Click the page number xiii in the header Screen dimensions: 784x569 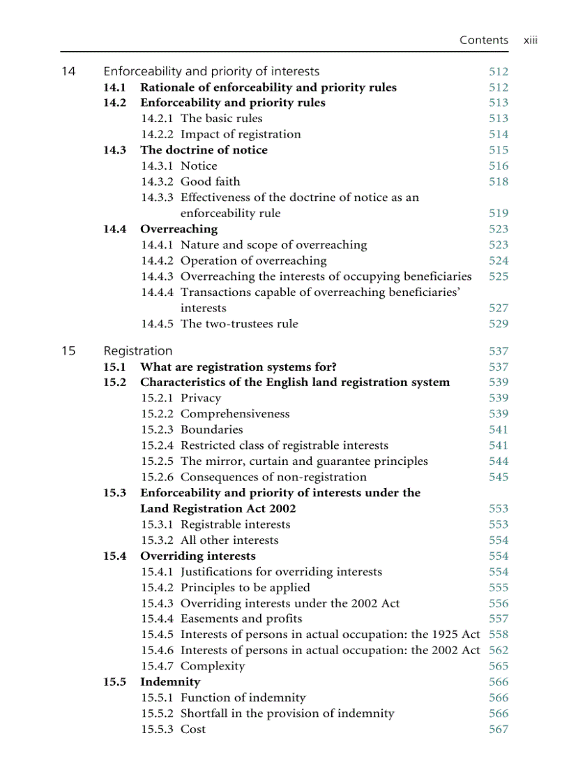(530, 40)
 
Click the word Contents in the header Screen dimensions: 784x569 (483, 40)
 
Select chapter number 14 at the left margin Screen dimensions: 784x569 (68, 71)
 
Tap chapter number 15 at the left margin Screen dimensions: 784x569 (68, 351)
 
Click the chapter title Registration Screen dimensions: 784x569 (137, 351)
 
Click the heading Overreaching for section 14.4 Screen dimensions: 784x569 (179, 229)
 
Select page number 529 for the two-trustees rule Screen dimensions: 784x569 (499, 324)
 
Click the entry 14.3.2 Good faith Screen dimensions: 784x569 (190, 182)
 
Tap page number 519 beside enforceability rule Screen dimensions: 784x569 (499, 214)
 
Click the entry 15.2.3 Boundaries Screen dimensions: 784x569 (192, 430)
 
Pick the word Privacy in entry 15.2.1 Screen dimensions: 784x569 (200, 398)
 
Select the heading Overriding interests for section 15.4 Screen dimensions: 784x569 (197, 556)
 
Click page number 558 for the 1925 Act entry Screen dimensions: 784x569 (499, 635)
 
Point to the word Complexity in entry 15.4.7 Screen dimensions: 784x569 (213, 666)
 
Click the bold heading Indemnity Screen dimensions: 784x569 (169, 682)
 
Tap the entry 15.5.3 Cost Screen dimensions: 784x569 (173, 730)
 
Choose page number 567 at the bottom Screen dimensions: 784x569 (499, 730)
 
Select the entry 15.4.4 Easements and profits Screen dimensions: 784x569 (222, 619)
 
